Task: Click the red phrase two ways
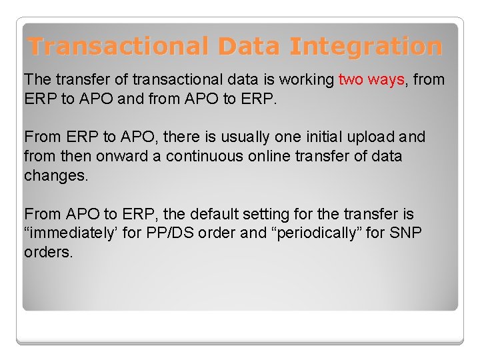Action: [x=371, y=80]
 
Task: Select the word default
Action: [x=213, y=215]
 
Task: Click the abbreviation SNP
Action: [x=406, y=234]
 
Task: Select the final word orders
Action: [x=48, y=253]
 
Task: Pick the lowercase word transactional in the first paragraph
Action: [x=175, y=80]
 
